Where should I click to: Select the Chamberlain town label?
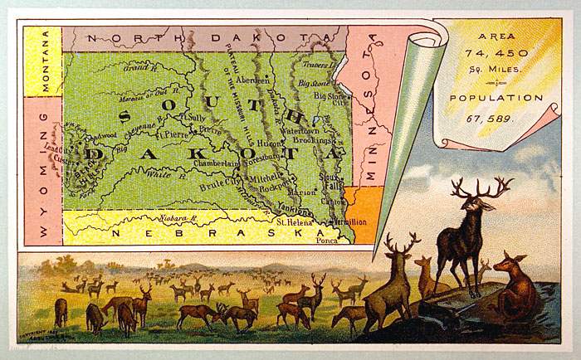click(x=216, y=164)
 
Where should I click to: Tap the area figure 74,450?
click(x=495, y=55)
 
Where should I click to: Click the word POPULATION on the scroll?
click(x=496, y=98)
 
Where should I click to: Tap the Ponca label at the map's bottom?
click(x=325, y=239)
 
